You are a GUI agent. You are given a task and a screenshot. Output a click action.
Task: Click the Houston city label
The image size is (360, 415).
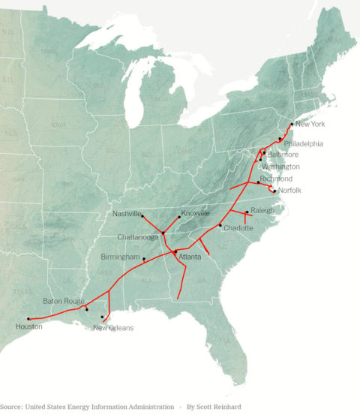point(28,327)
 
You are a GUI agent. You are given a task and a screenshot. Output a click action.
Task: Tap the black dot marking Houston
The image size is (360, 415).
point(28,319)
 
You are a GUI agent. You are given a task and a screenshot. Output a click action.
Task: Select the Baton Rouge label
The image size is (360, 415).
point(63,301)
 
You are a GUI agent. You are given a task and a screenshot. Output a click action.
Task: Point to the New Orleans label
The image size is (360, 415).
point(113,327)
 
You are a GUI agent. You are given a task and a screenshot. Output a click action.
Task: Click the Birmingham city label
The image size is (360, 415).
point(120,257)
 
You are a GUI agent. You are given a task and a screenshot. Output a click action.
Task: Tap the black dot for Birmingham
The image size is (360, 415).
point(144,258)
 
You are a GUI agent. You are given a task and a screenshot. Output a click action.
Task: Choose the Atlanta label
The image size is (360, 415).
point(190,257)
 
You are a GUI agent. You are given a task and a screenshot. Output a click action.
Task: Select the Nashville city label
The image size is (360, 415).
point(127,214)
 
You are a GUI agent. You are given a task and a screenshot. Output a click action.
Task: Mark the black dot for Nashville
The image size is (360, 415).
point(142,216)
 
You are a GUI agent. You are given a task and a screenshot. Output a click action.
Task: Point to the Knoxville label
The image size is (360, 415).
point(195,214)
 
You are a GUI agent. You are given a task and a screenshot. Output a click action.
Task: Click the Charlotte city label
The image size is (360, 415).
point(238,228)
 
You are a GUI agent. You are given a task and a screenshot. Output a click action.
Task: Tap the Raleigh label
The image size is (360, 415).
point(262,210)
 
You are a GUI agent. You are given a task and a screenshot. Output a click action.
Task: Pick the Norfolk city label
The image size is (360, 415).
point(289,191)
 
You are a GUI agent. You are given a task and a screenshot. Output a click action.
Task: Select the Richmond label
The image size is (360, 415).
point(276,179)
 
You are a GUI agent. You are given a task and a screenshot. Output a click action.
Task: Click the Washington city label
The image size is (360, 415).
point(280,166)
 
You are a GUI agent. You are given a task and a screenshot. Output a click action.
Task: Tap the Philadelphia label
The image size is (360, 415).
point(303,143)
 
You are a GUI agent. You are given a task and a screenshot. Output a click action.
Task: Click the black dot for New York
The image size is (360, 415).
point(291,124)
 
